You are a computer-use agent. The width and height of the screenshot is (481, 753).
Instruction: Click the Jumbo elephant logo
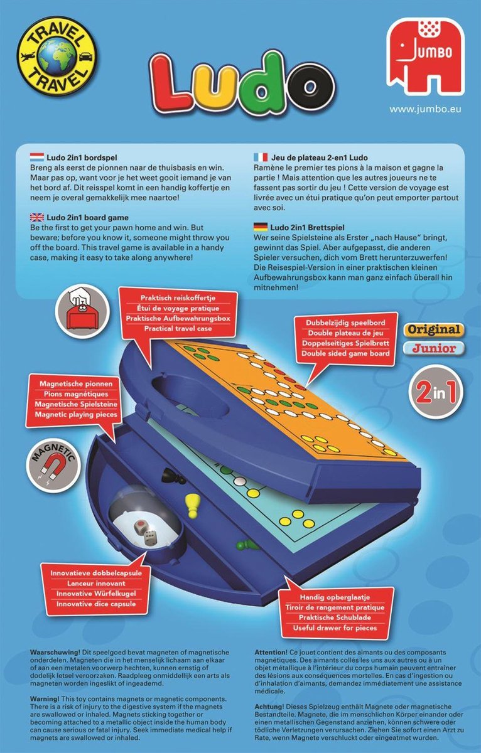click(x=425, y=56)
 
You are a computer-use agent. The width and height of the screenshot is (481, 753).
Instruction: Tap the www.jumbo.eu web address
click(x=425, y=109)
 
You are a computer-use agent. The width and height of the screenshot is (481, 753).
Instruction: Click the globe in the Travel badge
click(x=57, y=58)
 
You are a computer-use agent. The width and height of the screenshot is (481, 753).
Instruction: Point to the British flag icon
click(x=36, y=218)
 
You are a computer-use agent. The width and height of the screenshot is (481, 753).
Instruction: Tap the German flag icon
click(x=261, y=227)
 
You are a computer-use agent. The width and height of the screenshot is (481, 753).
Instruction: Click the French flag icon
click(x=261, y=158)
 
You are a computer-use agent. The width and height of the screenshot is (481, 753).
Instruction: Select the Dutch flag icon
click(x=36, y=158)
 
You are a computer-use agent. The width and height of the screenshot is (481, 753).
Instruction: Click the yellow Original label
click(x=433, y=329)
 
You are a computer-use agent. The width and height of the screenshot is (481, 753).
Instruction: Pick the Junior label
click(x=433, y=348)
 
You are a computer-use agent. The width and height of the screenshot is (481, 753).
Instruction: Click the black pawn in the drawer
click(x=173, y=476)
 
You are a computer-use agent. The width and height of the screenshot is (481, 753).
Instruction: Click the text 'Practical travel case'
click(x=178, y=328)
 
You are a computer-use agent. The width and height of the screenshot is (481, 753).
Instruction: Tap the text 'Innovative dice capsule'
click(x=96, y=604)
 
